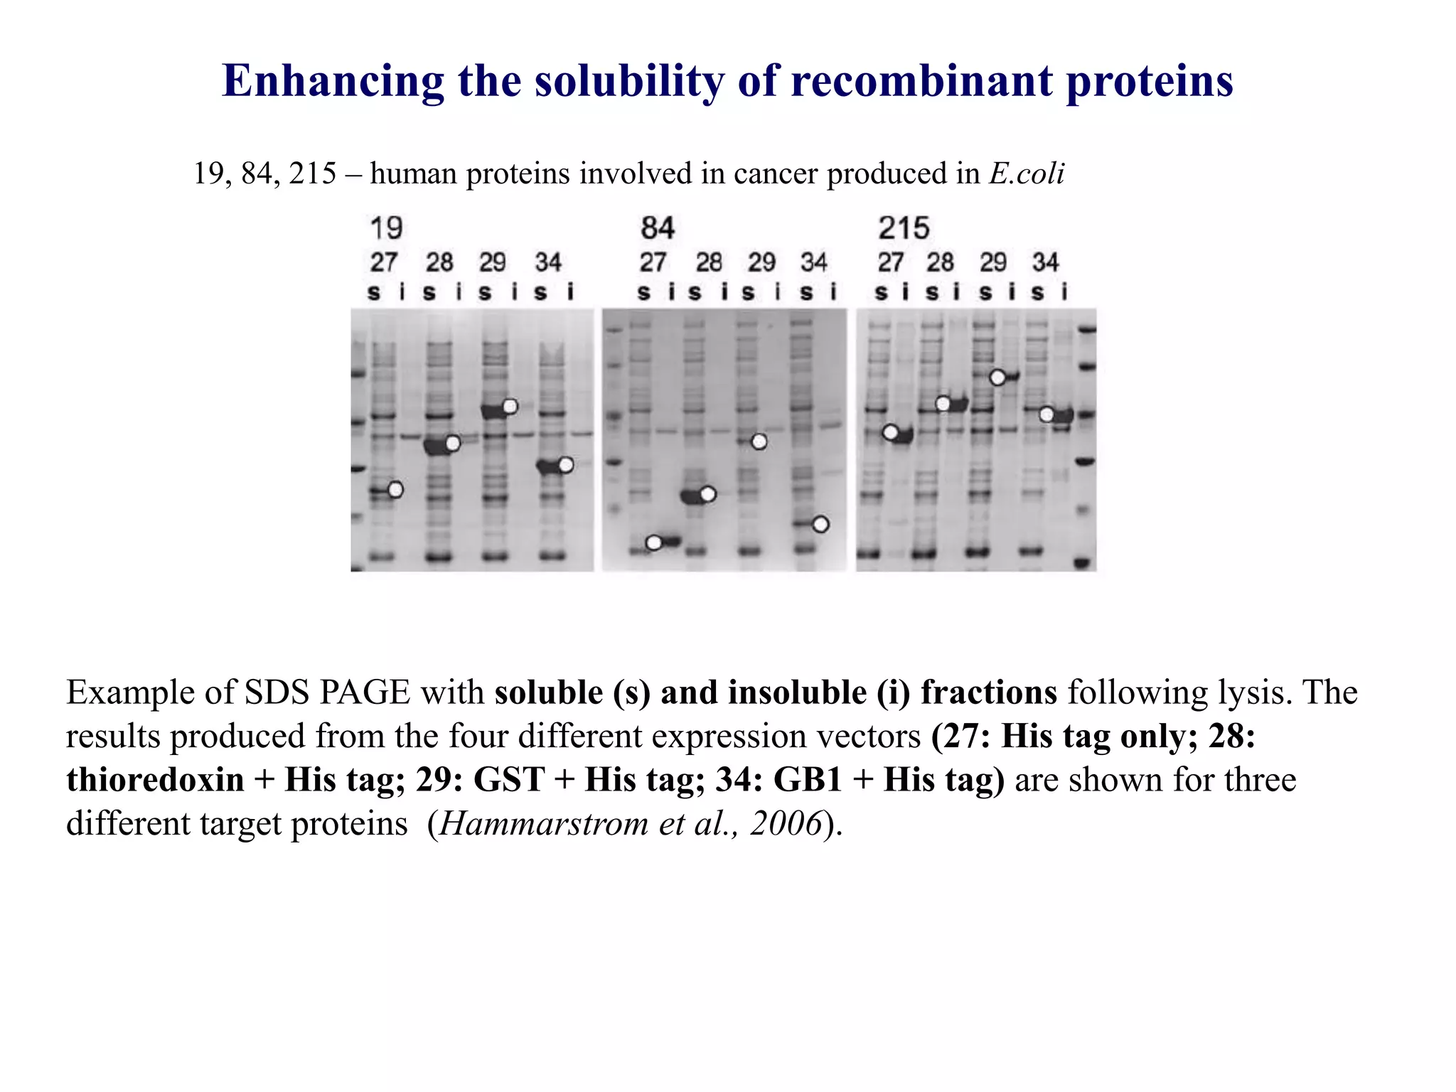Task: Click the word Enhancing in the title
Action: tap(333, 81)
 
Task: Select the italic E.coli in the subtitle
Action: tap(1027, 173)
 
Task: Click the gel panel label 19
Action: tap(386, 229)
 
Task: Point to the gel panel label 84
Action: tap(657, 229)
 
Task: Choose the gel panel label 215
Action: tap(903, 229)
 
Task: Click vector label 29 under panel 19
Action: tap(492, 262)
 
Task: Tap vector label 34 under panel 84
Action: tap(814, 262)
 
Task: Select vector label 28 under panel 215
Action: tap(940, 262)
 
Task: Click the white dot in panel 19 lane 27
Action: tap(395, 489)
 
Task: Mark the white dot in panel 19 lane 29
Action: tap(510, 407)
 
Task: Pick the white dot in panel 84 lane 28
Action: tap(707, 494)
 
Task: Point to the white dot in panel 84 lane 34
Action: tap(820, 525)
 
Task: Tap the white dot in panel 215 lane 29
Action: tap(997, 378)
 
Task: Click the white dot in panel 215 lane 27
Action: tap(890, 432)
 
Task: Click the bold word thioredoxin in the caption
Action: tap(155, 780)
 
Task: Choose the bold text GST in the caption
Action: tap(508, 780)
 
